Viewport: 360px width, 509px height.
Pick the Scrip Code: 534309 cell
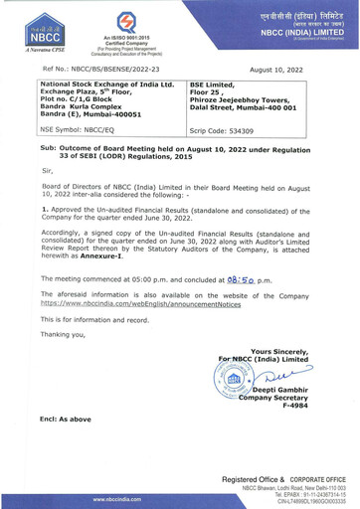tap(226, 129)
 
